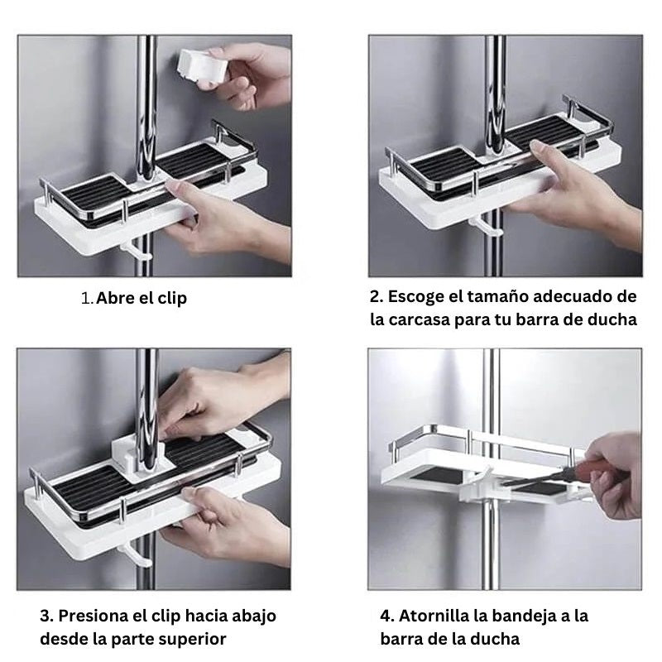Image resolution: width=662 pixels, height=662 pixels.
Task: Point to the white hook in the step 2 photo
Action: (x=483, y=226)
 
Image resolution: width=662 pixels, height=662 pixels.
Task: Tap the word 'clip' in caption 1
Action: (x=170, y=299)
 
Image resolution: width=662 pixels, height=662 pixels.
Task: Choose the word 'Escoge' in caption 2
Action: (x=417, y=296)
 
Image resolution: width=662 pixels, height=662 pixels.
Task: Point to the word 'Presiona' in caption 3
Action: (x=98, y=616)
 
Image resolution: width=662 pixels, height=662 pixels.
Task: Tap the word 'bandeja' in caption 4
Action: (x=528, y=616)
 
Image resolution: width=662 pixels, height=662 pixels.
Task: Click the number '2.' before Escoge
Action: (x=377, y=296)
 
